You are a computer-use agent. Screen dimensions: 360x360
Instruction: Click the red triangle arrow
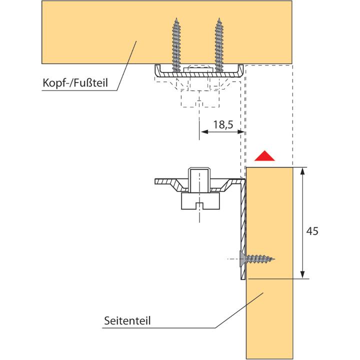[264, 156]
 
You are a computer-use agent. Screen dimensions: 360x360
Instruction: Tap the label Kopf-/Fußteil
[75, 82]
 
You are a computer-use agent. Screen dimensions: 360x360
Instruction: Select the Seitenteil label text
[127, 320]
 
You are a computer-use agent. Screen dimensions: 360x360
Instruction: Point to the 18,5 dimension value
[223, 124]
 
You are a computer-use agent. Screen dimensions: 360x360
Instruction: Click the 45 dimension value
[312, 231]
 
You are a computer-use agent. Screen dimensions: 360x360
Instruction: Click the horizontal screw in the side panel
[257, 259]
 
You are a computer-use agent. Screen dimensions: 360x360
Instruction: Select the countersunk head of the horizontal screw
[242, 259]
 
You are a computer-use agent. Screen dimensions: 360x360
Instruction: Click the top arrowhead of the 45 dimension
[302, 171]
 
